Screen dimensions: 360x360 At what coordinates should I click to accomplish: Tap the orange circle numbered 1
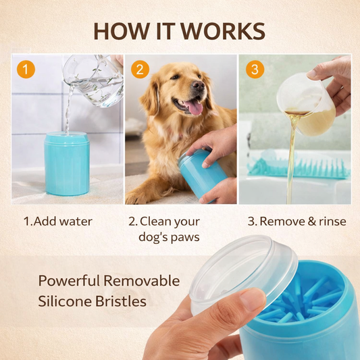[26, 69]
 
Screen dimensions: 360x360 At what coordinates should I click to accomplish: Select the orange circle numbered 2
[140, 69]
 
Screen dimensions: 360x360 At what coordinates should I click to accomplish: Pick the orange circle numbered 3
[255, 69]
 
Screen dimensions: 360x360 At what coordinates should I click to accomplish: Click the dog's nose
[198, 85]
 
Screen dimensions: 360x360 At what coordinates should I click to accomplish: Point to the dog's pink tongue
[195, 107]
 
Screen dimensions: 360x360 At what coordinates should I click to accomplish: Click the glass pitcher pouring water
[94, 80]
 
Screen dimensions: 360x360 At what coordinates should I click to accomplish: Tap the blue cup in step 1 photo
[67, 163]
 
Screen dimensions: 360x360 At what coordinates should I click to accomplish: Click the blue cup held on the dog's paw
[201, 176]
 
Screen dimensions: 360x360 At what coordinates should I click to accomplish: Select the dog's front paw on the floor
[138, 197]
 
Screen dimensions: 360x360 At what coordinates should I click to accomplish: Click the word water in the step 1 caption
[76, 222]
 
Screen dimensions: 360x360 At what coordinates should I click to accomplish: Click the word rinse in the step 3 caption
[332, 222]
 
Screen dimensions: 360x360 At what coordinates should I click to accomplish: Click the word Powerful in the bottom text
[69, 280]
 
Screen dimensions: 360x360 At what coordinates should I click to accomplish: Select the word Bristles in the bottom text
[120, 301]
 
